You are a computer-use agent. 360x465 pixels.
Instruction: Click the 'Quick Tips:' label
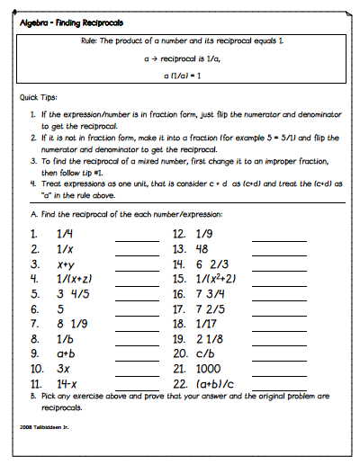click(39, 98)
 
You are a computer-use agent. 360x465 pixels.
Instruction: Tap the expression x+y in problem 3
click(65, 264)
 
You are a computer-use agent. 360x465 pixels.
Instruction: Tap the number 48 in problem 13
click(207, 248)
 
